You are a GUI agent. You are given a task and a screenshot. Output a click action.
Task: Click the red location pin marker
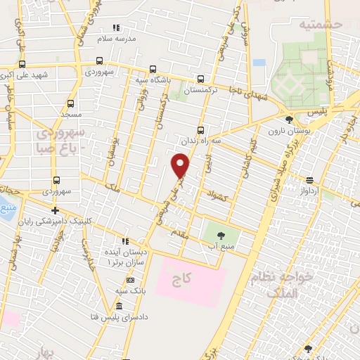point(181,165)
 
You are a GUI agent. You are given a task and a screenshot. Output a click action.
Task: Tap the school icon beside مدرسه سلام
point(117,28)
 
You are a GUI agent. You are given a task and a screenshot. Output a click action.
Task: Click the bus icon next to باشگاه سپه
point(153,70)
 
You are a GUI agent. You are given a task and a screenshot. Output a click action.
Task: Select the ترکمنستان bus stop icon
point(202,79)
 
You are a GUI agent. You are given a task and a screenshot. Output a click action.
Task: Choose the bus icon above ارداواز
point(311,180)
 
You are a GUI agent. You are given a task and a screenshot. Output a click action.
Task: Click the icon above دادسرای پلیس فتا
point(118,307)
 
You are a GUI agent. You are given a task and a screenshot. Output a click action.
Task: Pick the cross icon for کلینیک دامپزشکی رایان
point(55,210)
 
